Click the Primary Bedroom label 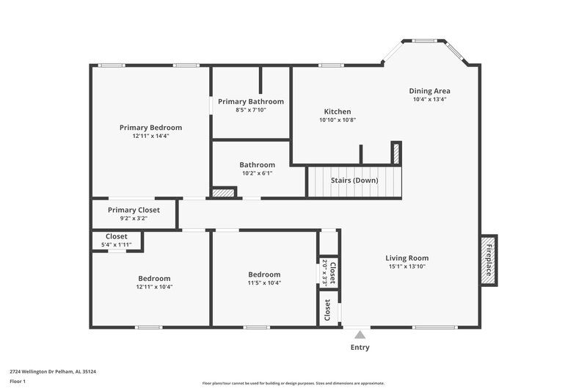click(150, 127)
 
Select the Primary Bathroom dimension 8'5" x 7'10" click(250, 110)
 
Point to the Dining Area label click(429, 91)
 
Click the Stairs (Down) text click(354, 180)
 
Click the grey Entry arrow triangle click(360, 335)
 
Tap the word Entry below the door click(360, 348)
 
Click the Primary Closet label click(134, 210)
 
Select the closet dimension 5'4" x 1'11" click(116, 244)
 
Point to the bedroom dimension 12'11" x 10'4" click(154, 287)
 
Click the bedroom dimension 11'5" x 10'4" click(263, 283)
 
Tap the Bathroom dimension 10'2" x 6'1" click(257, 173)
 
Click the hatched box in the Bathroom click(223, 193)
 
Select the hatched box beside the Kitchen click(395, 153)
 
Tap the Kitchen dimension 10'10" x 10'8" click(338, 120)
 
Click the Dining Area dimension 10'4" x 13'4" click(429, 99)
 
